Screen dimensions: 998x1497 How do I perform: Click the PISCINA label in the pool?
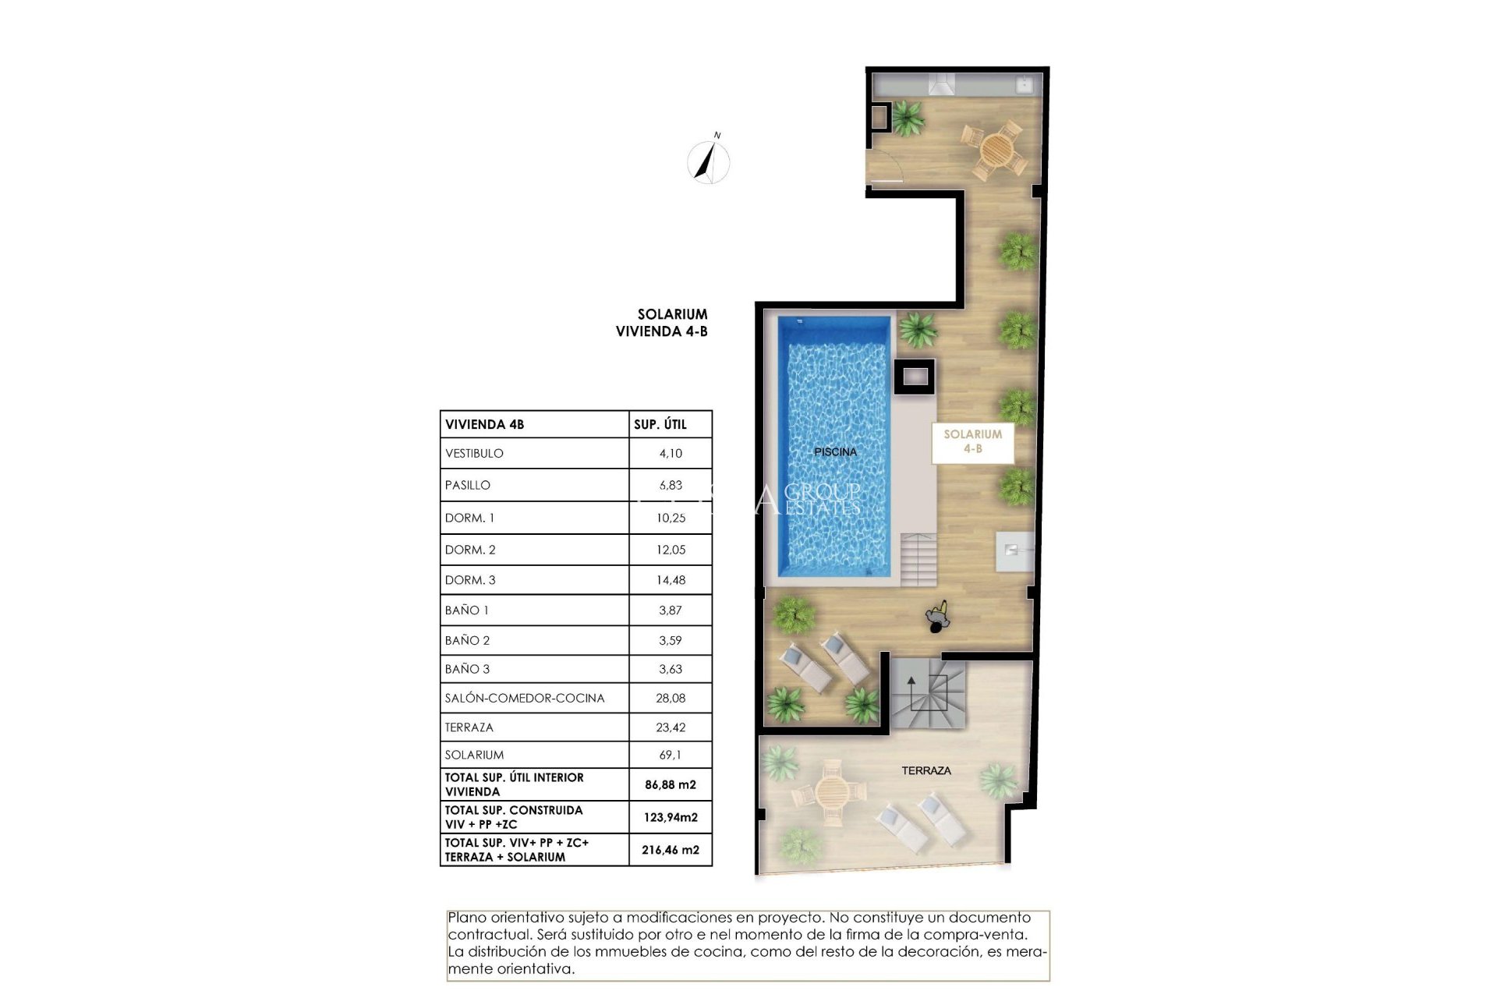point(835,451)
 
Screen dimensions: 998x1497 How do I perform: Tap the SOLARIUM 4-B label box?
point(972,441)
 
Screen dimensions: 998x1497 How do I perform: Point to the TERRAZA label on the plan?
point(926,770)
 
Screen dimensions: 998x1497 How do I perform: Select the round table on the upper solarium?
point(995,148)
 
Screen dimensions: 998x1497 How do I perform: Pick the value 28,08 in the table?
point(671,698)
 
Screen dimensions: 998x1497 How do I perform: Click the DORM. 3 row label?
point(470,580)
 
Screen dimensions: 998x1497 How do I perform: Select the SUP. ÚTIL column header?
point(660,425)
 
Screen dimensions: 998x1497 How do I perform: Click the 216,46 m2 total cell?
point(671,850)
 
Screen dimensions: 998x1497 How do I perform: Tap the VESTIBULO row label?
point(474,453)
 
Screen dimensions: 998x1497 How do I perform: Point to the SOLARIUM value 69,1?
point(671,755)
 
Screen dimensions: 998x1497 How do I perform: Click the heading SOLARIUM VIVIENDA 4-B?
point(663,323)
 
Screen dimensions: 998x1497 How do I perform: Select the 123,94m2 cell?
point(671,817)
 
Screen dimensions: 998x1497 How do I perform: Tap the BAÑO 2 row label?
point(467,640)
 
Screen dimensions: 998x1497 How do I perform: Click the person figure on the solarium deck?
point(939,616)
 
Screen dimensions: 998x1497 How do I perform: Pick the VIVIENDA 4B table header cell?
point(484,425)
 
